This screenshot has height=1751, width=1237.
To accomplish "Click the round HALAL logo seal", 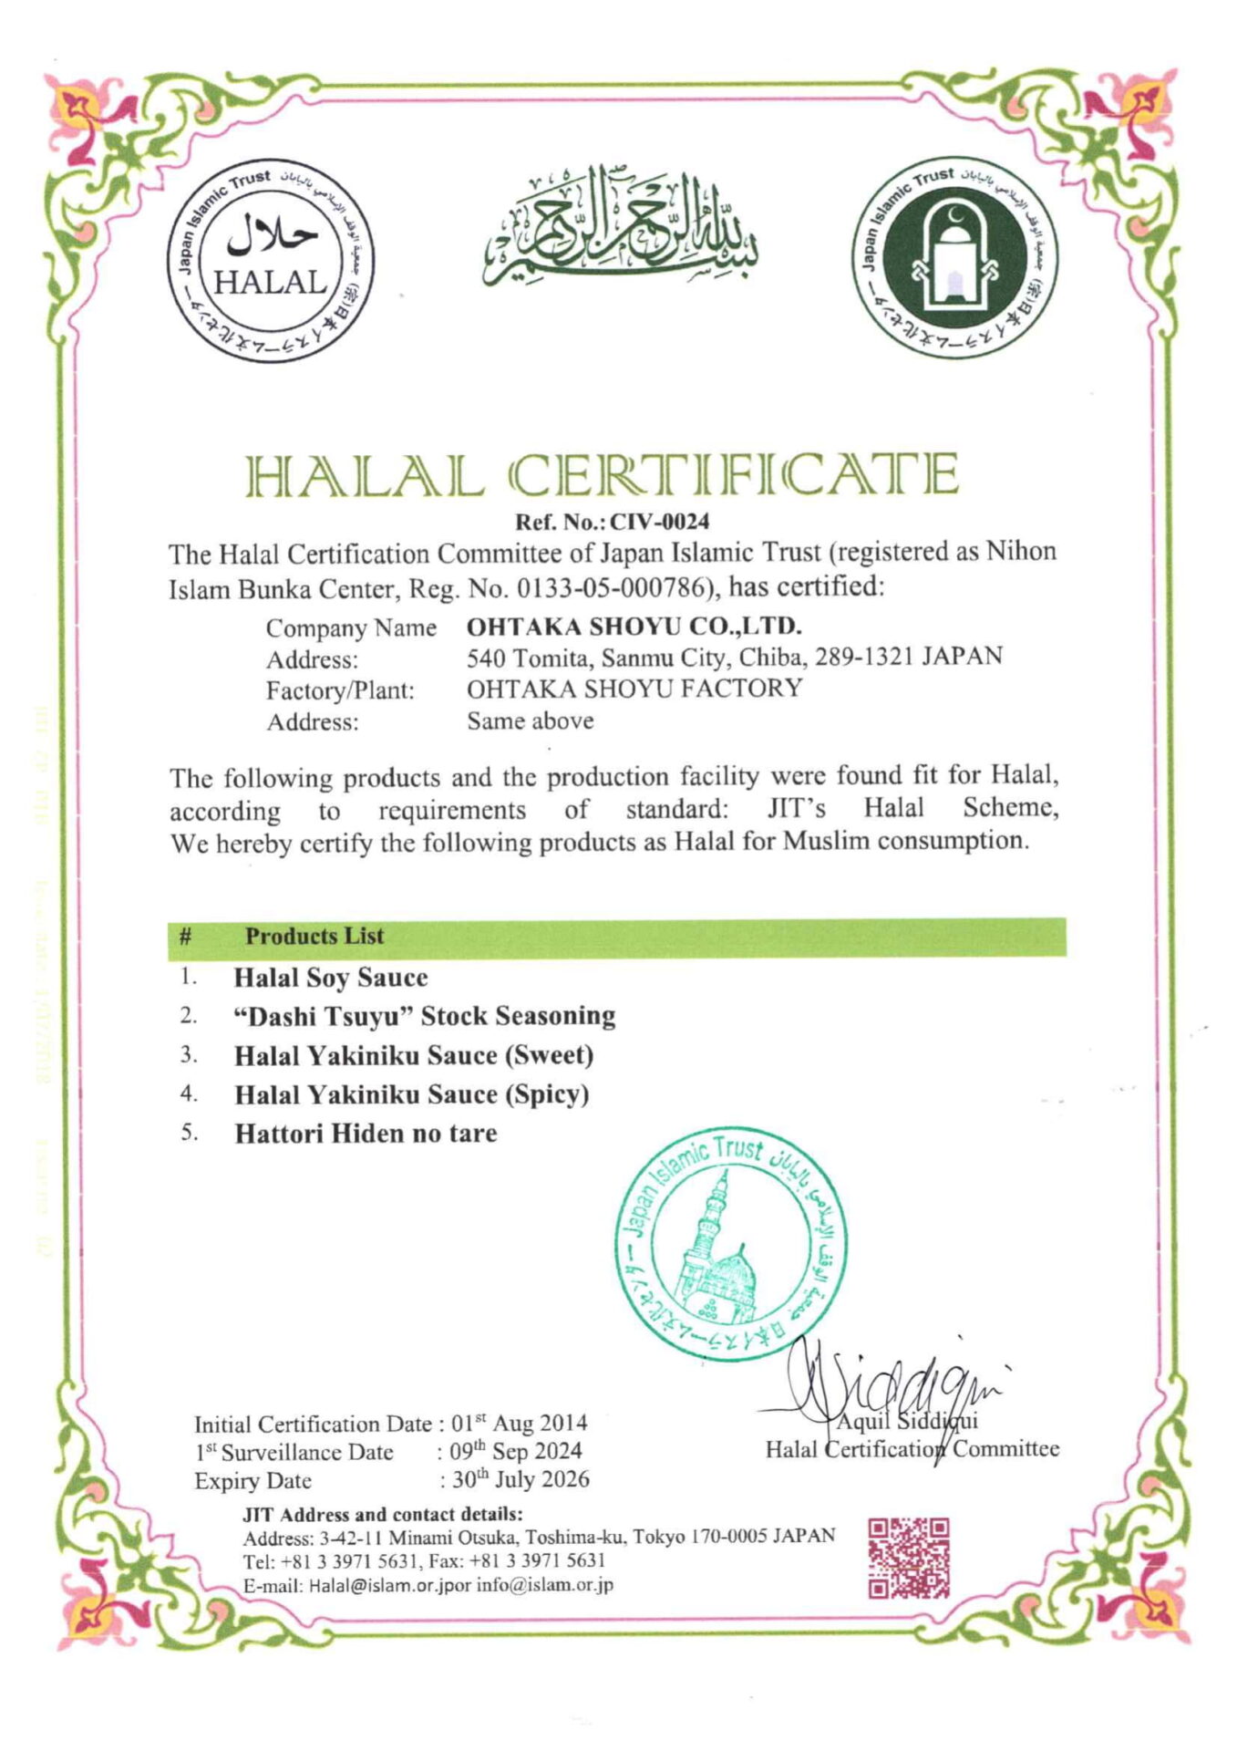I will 270,264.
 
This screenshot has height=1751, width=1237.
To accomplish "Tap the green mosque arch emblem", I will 954,258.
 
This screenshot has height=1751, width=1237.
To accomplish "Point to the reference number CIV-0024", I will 659,522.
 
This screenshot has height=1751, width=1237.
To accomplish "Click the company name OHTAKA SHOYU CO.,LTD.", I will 634,627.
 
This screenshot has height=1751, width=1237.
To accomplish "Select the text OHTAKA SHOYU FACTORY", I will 634,689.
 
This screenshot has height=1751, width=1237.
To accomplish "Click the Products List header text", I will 314,936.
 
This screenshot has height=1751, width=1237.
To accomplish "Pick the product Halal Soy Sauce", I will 331,978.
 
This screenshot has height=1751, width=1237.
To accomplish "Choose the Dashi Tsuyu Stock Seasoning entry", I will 425,1016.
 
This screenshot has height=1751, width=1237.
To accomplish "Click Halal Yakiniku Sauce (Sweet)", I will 414,1055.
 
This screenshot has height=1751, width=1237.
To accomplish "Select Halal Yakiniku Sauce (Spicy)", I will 411,1094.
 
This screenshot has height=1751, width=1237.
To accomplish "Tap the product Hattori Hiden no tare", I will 366,1134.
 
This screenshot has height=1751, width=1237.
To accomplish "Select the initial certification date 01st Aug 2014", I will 520,1424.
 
